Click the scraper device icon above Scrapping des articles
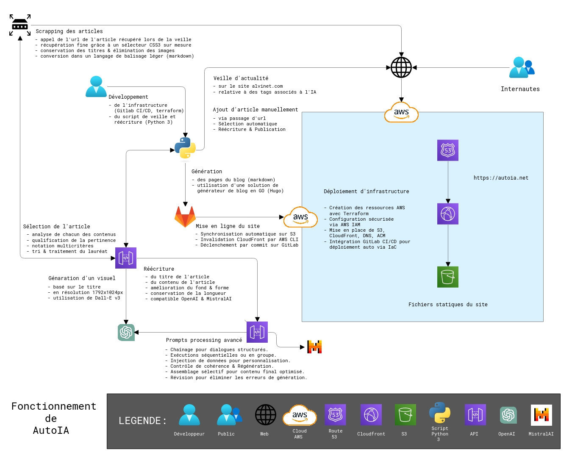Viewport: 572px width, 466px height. (20, 25)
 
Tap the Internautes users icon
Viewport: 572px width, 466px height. (522, 67)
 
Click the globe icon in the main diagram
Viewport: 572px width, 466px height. (401, 67)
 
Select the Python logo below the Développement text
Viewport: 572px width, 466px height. (185, 148)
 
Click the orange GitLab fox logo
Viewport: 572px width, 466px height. (185, 216)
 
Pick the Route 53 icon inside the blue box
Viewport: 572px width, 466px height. (448, 150)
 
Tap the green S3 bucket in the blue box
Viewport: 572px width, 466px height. (448, 277)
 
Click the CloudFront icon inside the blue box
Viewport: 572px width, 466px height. (448, 214)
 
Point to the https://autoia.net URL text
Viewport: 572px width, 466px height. (501, 178)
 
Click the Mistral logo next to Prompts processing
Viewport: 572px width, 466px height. (314, 347)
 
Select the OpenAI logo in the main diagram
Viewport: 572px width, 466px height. (126, 333)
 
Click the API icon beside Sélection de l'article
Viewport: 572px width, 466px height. (126, 258)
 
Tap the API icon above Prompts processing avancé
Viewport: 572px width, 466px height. (257, 332)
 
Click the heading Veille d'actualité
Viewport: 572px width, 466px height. (241, 78)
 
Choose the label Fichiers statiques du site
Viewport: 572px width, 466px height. (448, 305)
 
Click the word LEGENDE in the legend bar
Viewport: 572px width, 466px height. (142, 421)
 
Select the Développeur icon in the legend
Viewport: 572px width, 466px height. (189, 415)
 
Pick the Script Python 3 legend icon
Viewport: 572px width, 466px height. (439, 413)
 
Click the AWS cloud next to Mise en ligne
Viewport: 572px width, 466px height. (300, 217)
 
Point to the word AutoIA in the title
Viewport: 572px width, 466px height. (51, 430)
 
